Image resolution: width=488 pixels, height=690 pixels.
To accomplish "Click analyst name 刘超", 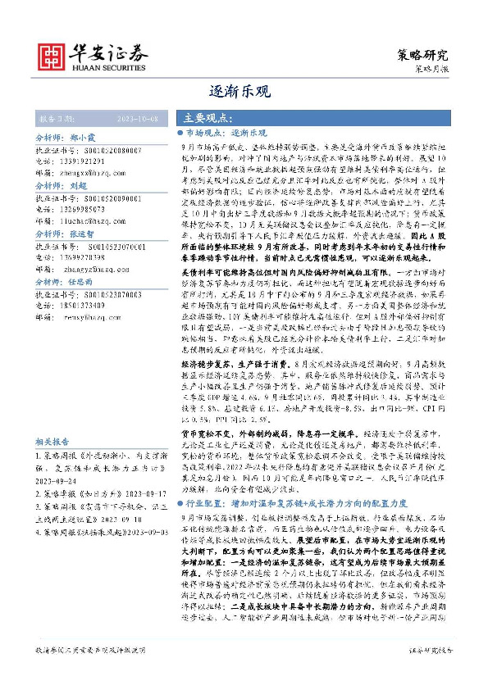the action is point(79,186).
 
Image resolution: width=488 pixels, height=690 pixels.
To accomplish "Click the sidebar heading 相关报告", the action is point(56,439).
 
